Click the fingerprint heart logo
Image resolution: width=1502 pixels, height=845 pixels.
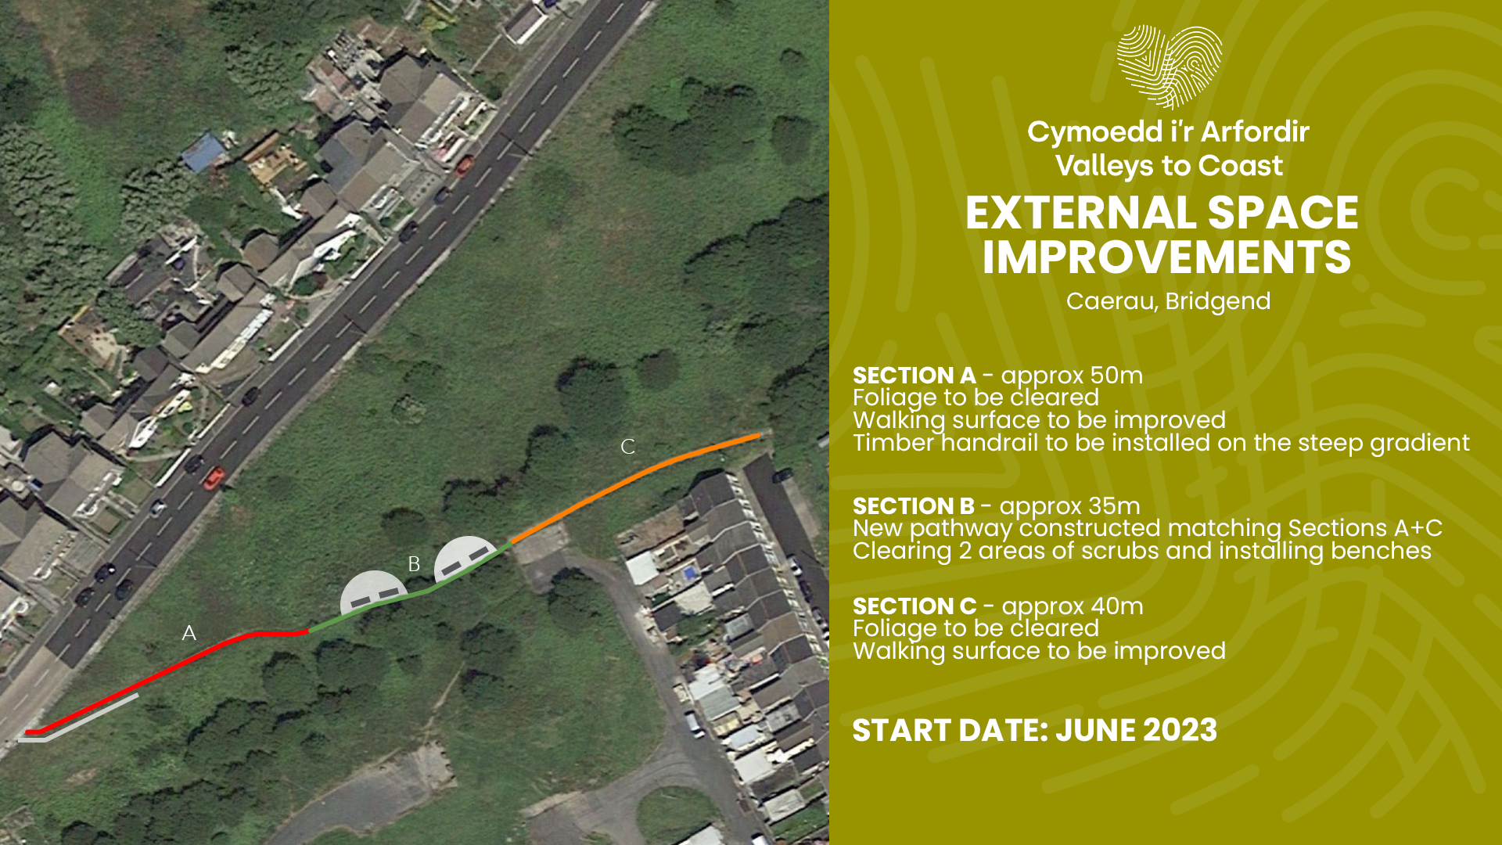point(1169,67)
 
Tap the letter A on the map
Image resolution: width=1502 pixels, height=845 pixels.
point(189,633)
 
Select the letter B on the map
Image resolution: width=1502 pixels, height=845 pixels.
point(414,564)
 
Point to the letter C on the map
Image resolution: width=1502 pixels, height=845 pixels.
point(627,447)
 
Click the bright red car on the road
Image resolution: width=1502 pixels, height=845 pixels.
point(214,477)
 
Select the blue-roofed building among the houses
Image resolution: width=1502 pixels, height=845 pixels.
point(203,152)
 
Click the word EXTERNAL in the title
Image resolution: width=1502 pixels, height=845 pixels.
point(1078,213)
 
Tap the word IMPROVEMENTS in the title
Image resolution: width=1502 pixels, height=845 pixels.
point(1166,257)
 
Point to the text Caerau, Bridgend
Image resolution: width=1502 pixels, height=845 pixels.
point(1168,301)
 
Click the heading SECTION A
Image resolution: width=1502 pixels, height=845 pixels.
point(914,376)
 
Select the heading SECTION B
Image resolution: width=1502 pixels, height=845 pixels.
point(913,506)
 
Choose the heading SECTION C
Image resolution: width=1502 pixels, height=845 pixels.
point(914,606)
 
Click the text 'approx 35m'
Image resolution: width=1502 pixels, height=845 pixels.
point(1069,507)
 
